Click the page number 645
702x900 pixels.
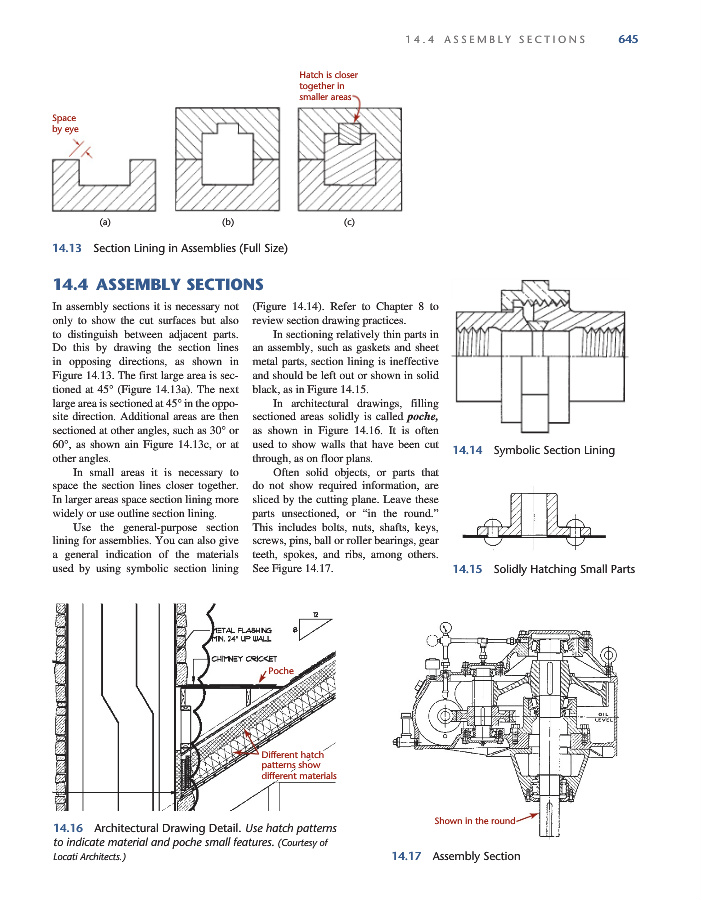[x=628, y=39]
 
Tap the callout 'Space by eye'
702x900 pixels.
[x=64, y=124]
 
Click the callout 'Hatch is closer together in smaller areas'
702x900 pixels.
[x=328, y=86]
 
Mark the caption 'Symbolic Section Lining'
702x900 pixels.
[x=554, y=450]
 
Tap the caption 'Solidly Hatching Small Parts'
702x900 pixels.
[x=564, y=570]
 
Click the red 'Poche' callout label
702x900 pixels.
[x=282, y=671]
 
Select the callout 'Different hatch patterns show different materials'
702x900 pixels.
[x=298, y=765]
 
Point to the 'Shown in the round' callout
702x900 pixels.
[x=474, y=821]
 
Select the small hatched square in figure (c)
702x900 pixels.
[x=348, y=134]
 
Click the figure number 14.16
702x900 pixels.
[x=68, y=829]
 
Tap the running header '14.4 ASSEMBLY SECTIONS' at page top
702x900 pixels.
[x=496, y=39]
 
